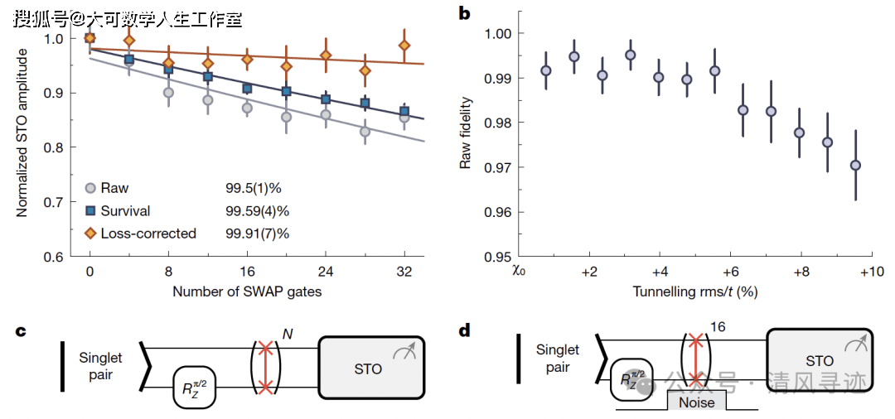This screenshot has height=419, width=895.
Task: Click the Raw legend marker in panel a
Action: (x=91, y=188)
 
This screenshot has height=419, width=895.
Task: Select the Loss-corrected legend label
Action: (x=148, y=234)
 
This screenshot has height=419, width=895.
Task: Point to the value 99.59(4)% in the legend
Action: (x=257, y=211)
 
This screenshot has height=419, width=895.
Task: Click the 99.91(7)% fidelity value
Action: (x=257, y=234)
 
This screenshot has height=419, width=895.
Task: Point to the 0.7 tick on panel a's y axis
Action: (x=53, y=201)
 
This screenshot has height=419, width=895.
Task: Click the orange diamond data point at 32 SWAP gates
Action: (x=404, y=46)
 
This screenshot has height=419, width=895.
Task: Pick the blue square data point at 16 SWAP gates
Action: (x=247, y=89)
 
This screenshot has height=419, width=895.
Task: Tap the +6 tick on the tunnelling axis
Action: (x=730, y=272)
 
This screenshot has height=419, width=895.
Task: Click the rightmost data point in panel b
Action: (x=855, y=165)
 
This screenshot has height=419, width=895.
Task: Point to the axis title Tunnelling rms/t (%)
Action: (x=695, y=291)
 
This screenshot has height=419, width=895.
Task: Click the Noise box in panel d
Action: (x=695, y=402)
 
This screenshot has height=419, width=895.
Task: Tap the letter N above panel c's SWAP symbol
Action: (x=288, y=333)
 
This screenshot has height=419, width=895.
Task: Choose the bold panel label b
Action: (x=464, y=13)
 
